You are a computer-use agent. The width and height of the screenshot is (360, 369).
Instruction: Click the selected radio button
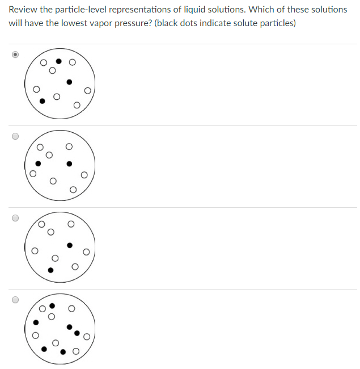coord(16,54)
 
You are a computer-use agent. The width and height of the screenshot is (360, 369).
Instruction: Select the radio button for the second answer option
coord(16,136)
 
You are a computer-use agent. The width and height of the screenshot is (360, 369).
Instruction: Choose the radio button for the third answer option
coord(16,218)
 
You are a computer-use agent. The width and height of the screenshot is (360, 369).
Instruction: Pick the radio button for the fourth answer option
coord(16,300)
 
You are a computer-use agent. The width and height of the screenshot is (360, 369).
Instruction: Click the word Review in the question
coord(22,10)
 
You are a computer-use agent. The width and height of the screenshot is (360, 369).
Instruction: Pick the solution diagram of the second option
coord(60,166)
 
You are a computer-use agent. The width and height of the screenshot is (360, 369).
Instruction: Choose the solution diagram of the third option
coord(60,248)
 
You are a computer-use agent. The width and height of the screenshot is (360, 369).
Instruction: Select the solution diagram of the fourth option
coord(60,329)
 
